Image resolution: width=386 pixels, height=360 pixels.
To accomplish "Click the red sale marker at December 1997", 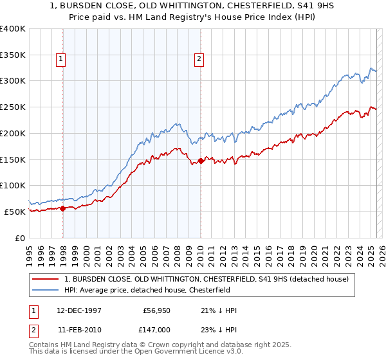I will [x=63, y=208].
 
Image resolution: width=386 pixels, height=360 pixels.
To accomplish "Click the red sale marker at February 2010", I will [x=201, y=161].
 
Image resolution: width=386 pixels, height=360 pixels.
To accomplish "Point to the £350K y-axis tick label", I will [x=13, y=55].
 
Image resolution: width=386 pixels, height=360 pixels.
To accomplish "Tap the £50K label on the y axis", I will [x=15, y=212].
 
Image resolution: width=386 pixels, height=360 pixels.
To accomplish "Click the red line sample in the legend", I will [x=46, y=279].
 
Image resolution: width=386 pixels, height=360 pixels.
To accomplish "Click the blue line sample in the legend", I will [x=46, y=290].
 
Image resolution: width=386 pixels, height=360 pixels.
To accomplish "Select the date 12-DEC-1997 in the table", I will [x=81, y=311].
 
